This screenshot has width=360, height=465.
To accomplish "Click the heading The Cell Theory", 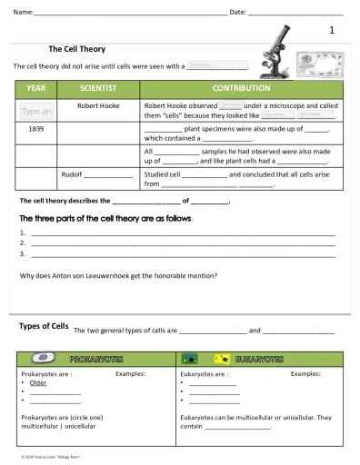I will pyautogui.click(x=76, y=49).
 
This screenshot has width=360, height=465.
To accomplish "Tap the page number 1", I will pyautogui.click(x=332, y=30).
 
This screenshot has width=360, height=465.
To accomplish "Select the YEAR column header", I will pyautogui.click(x=36, y=89).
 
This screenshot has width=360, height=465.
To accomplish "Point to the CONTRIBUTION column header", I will pyautogui.click(x=241, y=89).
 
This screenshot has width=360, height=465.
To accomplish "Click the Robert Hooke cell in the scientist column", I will pyautogui.click(x=99, y=105).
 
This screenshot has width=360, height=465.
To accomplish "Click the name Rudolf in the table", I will pyautogui.click(x=73, y=173).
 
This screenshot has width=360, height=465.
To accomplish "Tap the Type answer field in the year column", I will pyautogui.click(x=36, y=112).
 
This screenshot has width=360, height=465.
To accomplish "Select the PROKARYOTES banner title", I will pyautogui.click(x=97, y=359).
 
